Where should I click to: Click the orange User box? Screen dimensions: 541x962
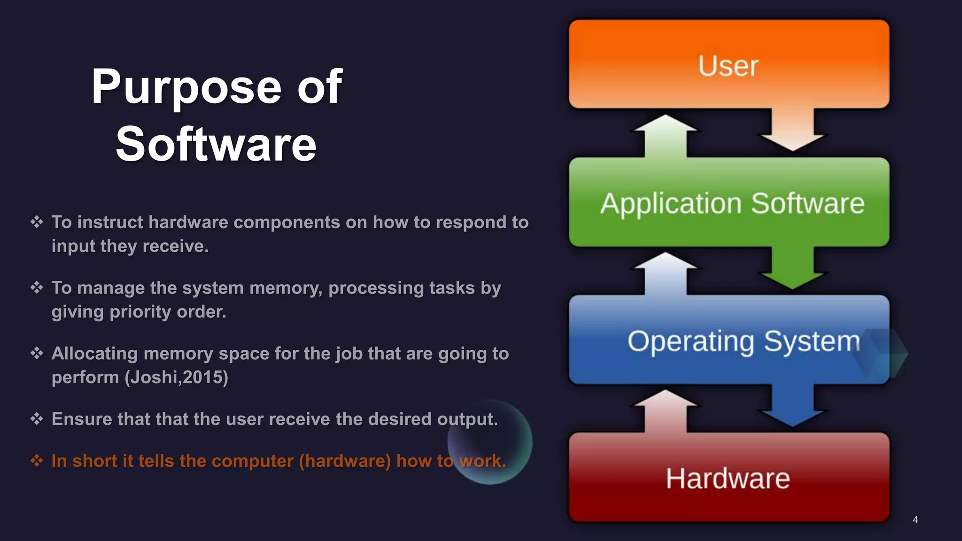coord(729,64)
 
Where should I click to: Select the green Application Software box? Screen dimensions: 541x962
coord(729,202)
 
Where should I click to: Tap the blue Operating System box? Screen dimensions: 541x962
coord(729,340)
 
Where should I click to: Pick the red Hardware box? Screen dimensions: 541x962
coord(729,478)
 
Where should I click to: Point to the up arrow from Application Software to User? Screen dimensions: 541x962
coord(665,136)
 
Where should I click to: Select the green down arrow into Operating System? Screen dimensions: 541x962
coord(793,268)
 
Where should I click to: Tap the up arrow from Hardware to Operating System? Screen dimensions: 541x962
coord(665,411)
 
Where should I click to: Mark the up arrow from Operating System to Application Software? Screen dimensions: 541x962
coord(665,274)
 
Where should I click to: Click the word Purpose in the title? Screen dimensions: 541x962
coord(186,87)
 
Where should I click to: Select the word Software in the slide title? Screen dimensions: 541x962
coord(216,145)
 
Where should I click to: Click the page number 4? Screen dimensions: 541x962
coord(915,519)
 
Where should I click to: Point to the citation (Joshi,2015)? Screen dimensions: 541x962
coord(176,378)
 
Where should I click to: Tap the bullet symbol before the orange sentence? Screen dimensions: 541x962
coord(37,460)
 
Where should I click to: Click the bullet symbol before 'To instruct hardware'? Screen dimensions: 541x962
coord(37,222)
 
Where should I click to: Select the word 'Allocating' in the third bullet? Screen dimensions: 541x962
coord(94,354)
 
